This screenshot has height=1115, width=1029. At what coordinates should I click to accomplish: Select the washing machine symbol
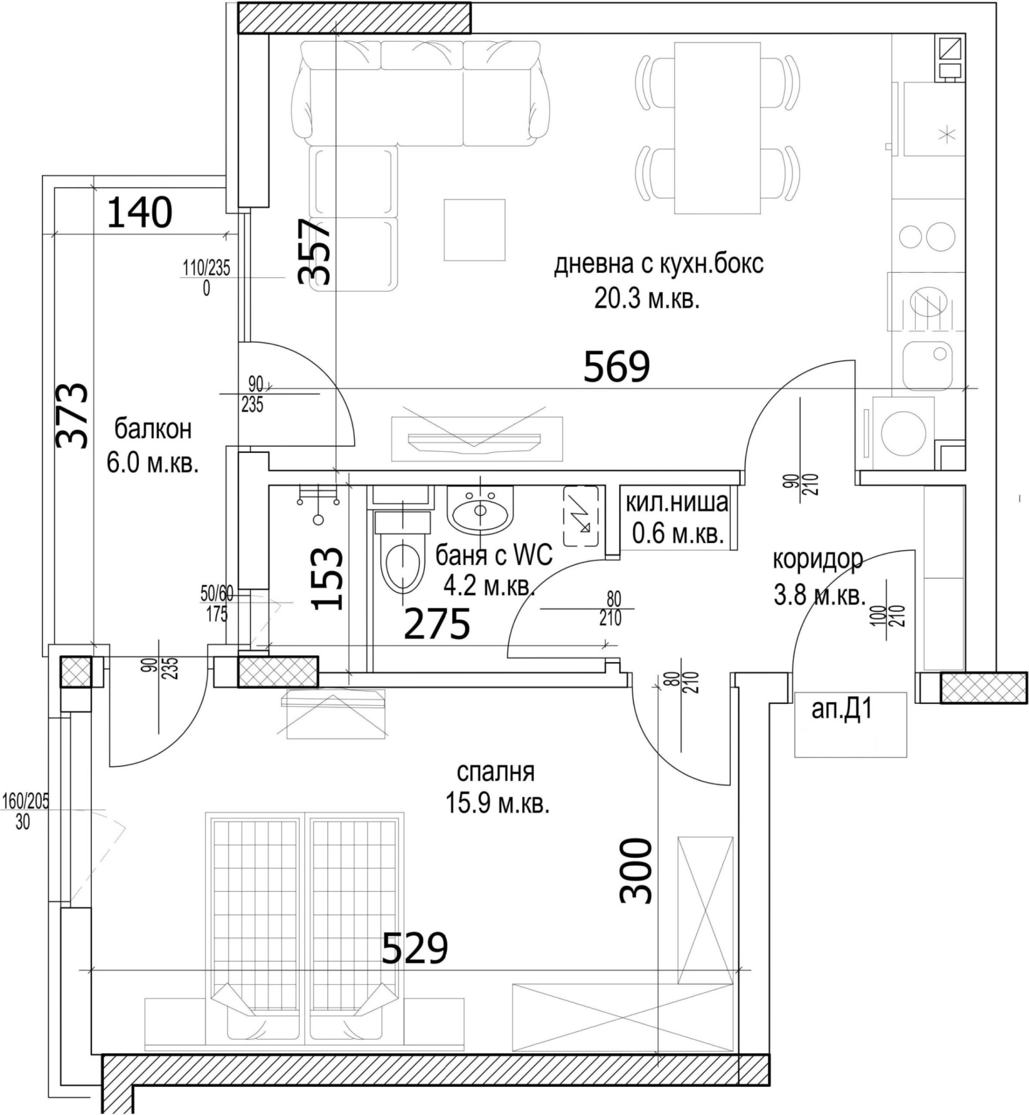pyautogui.click(x=903, y=431)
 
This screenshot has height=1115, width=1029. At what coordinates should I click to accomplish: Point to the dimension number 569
pyautogui.click(x=616, y=367)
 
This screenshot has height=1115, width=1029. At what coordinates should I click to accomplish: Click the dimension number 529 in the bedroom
pyautogui.click(x=415, y=948)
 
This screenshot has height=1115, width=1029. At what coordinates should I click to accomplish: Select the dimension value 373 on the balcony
pyautogui.click(x=72, y=415)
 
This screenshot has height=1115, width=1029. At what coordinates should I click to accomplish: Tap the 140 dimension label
pyautogui.click(x=139, y=213)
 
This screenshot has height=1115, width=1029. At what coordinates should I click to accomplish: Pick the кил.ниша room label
pyautogui.click(x=677, y=502)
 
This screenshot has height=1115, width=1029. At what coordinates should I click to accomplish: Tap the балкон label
pyautogui.click(x=153, y=428)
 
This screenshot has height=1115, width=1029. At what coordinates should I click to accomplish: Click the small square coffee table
pyautogui.click(x=475, y=230)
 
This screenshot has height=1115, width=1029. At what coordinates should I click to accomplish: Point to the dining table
pyautogui.click(x=717, y=127)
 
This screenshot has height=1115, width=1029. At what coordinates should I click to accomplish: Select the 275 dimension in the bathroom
pyautogui.click(x=437, y=624)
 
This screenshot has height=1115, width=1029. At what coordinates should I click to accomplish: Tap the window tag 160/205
pyautogui.click(x=26, y=801)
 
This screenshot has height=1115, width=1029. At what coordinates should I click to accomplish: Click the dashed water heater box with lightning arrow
pyautogui.click(x=581, y=516)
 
